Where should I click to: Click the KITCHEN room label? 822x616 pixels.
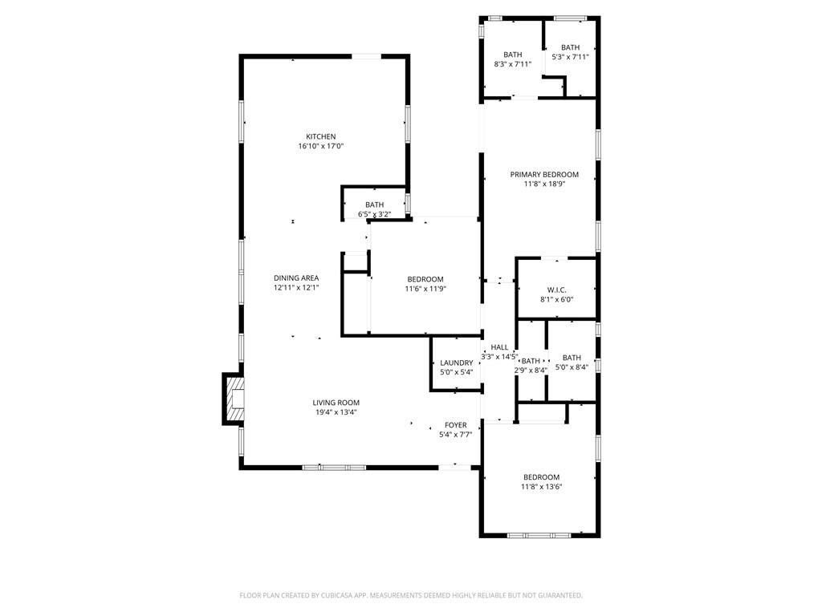tap(321, 136)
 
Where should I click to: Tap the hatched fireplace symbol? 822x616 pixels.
tap(235, 399)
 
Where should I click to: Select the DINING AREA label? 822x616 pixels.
tap(296, 278)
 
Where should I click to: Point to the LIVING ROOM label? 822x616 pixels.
tap(336, 403)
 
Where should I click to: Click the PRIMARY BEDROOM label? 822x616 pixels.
tap(544, 174)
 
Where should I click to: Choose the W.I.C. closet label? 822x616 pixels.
tap(557, 290)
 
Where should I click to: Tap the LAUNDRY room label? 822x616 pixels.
tap(457, 363)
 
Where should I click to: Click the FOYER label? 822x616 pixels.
tap(456, 425)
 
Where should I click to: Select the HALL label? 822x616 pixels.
tap(499, 347)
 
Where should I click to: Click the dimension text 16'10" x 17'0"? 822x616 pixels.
tap(321, 146)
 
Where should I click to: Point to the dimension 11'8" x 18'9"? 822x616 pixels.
tap(544, 184)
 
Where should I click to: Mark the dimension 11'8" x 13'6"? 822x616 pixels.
tap(542, 487)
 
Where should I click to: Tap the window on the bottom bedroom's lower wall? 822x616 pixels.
tap(539, 535)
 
